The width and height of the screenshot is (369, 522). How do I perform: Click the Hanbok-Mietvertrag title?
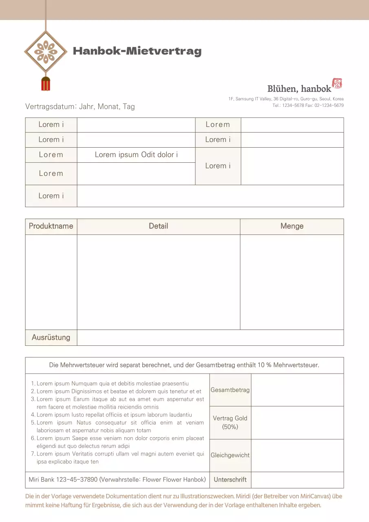[137, 51]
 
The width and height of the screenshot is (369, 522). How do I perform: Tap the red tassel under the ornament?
[46, 83]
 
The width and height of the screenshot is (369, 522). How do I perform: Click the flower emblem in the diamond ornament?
[46, 52]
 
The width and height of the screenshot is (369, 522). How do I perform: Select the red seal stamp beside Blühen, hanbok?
[338, 83]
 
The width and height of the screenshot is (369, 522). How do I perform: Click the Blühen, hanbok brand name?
[299, 88]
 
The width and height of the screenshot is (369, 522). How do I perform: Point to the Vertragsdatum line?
[80, 106]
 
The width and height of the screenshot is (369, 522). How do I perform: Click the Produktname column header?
[51, 226]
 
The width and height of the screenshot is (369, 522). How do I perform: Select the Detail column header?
[158, 226]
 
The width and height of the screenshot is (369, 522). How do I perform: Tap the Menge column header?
[292, 226]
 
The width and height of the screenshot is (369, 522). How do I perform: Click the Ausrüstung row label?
[51, 337]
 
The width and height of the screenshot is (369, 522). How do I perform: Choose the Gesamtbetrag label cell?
[230, 390]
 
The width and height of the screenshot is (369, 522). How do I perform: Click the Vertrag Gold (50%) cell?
[230, 422]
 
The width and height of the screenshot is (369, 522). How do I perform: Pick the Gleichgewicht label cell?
[230, 455]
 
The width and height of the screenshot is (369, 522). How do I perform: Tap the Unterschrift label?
[230, 480]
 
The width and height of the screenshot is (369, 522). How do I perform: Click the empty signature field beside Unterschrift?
[297, 480]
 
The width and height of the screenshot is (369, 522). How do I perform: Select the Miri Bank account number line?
[117, 480]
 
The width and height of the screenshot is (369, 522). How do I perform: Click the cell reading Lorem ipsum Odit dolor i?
[136, 155]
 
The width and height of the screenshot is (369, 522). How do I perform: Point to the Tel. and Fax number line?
[308, 105]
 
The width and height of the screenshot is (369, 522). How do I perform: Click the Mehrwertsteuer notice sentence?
[184, 365]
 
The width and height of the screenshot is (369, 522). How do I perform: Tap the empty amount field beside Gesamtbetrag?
[297, 390]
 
